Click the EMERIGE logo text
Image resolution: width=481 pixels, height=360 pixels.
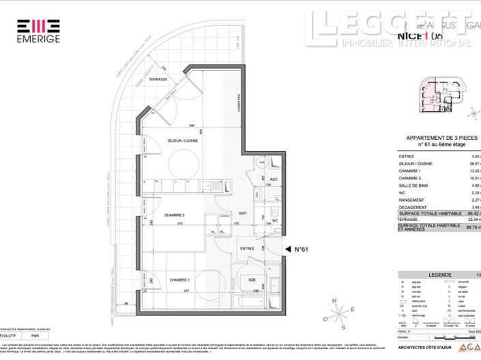click(x=38, y=39)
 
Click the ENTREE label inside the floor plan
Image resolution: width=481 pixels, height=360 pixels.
click(x=246, y=249)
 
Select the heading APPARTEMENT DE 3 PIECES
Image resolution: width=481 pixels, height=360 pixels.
click(x=441, y=138)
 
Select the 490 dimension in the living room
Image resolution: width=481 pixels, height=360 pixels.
click(x=192, y=125)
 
